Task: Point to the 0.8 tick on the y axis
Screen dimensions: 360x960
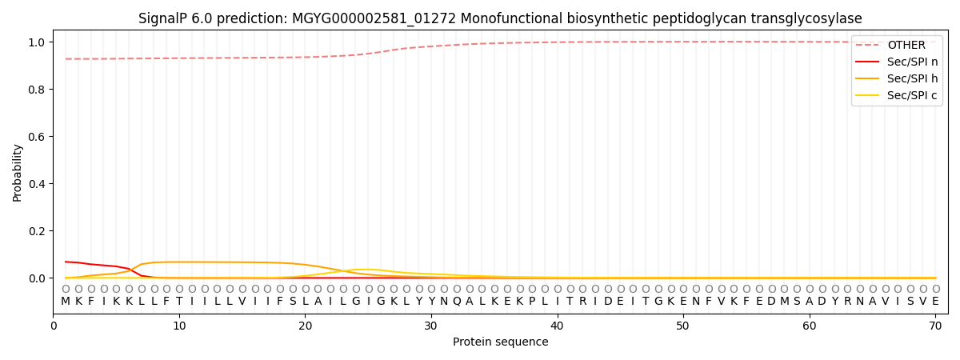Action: coord(37,90)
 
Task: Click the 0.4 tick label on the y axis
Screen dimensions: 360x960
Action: coord(37,184)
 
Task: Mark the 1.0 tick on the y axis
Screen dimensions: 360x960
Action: coord(37,42)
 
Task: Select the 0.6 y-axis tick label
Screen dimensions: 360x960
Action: coord(37,137)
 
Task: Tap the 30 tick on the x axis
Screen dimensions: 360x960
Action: coord(431,326)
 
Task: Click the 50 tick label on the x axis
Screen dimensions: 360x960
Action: coord(683,326)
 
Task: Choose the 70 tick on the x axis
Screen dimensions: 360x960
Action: coord(935,326)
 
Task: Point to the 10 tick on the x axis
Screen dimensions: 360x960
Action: coord(179,326)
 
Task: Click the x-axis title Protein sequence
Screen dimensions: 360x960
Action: coord(500,342)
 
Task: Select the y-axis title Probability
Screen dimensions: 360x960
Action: coord(18,172)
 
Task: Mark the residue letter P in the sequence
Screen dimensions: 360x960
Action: coord(532,302)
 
